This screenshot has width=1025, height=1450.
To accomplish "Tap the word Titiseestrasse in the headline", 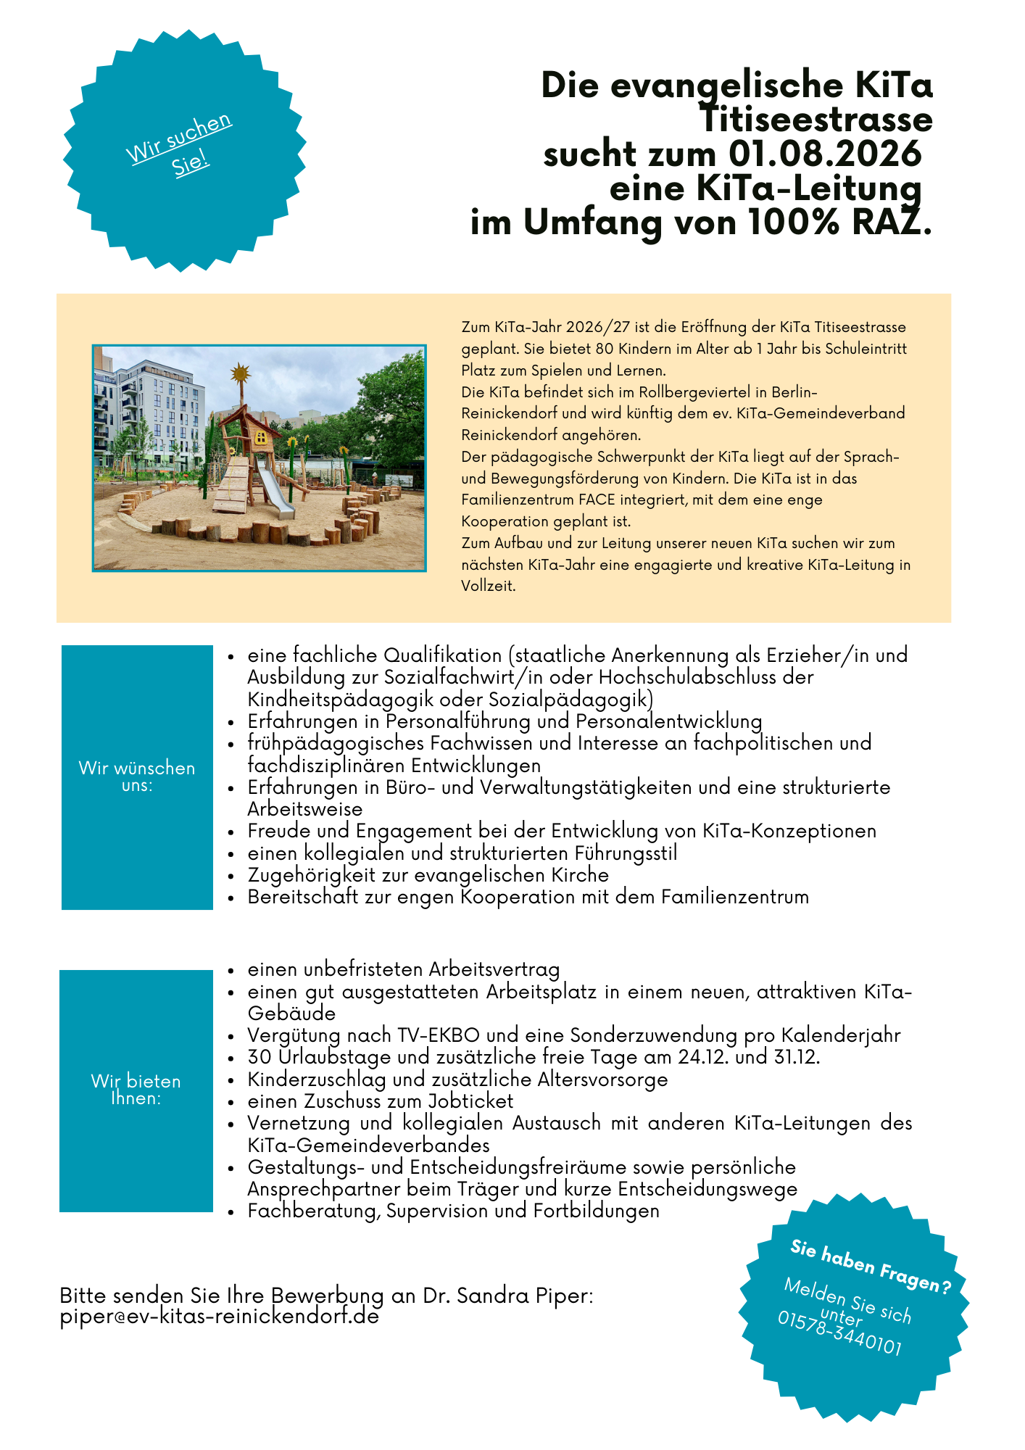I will point(816,120).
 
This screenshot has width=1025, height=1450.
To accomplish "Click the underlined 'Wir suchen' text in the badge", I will point(179,138).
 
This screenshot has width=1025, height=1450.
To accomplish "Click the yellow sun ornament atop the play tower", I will point(240,375).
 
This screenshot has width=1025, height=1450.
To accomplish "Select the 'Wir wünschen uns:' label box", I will point(137,776).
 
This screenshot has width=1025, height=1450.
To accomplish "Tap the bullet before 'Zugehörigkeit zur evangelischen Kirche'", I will point(231,877).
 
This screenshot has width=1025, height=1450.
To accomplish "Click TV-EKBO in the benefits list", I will point(432,1035).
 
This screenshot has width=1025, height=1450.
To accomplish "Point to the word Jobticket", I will point(470,1101).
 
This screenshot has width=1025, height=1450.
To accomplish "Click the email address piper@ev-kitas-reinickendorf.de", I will point(220,1317).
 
